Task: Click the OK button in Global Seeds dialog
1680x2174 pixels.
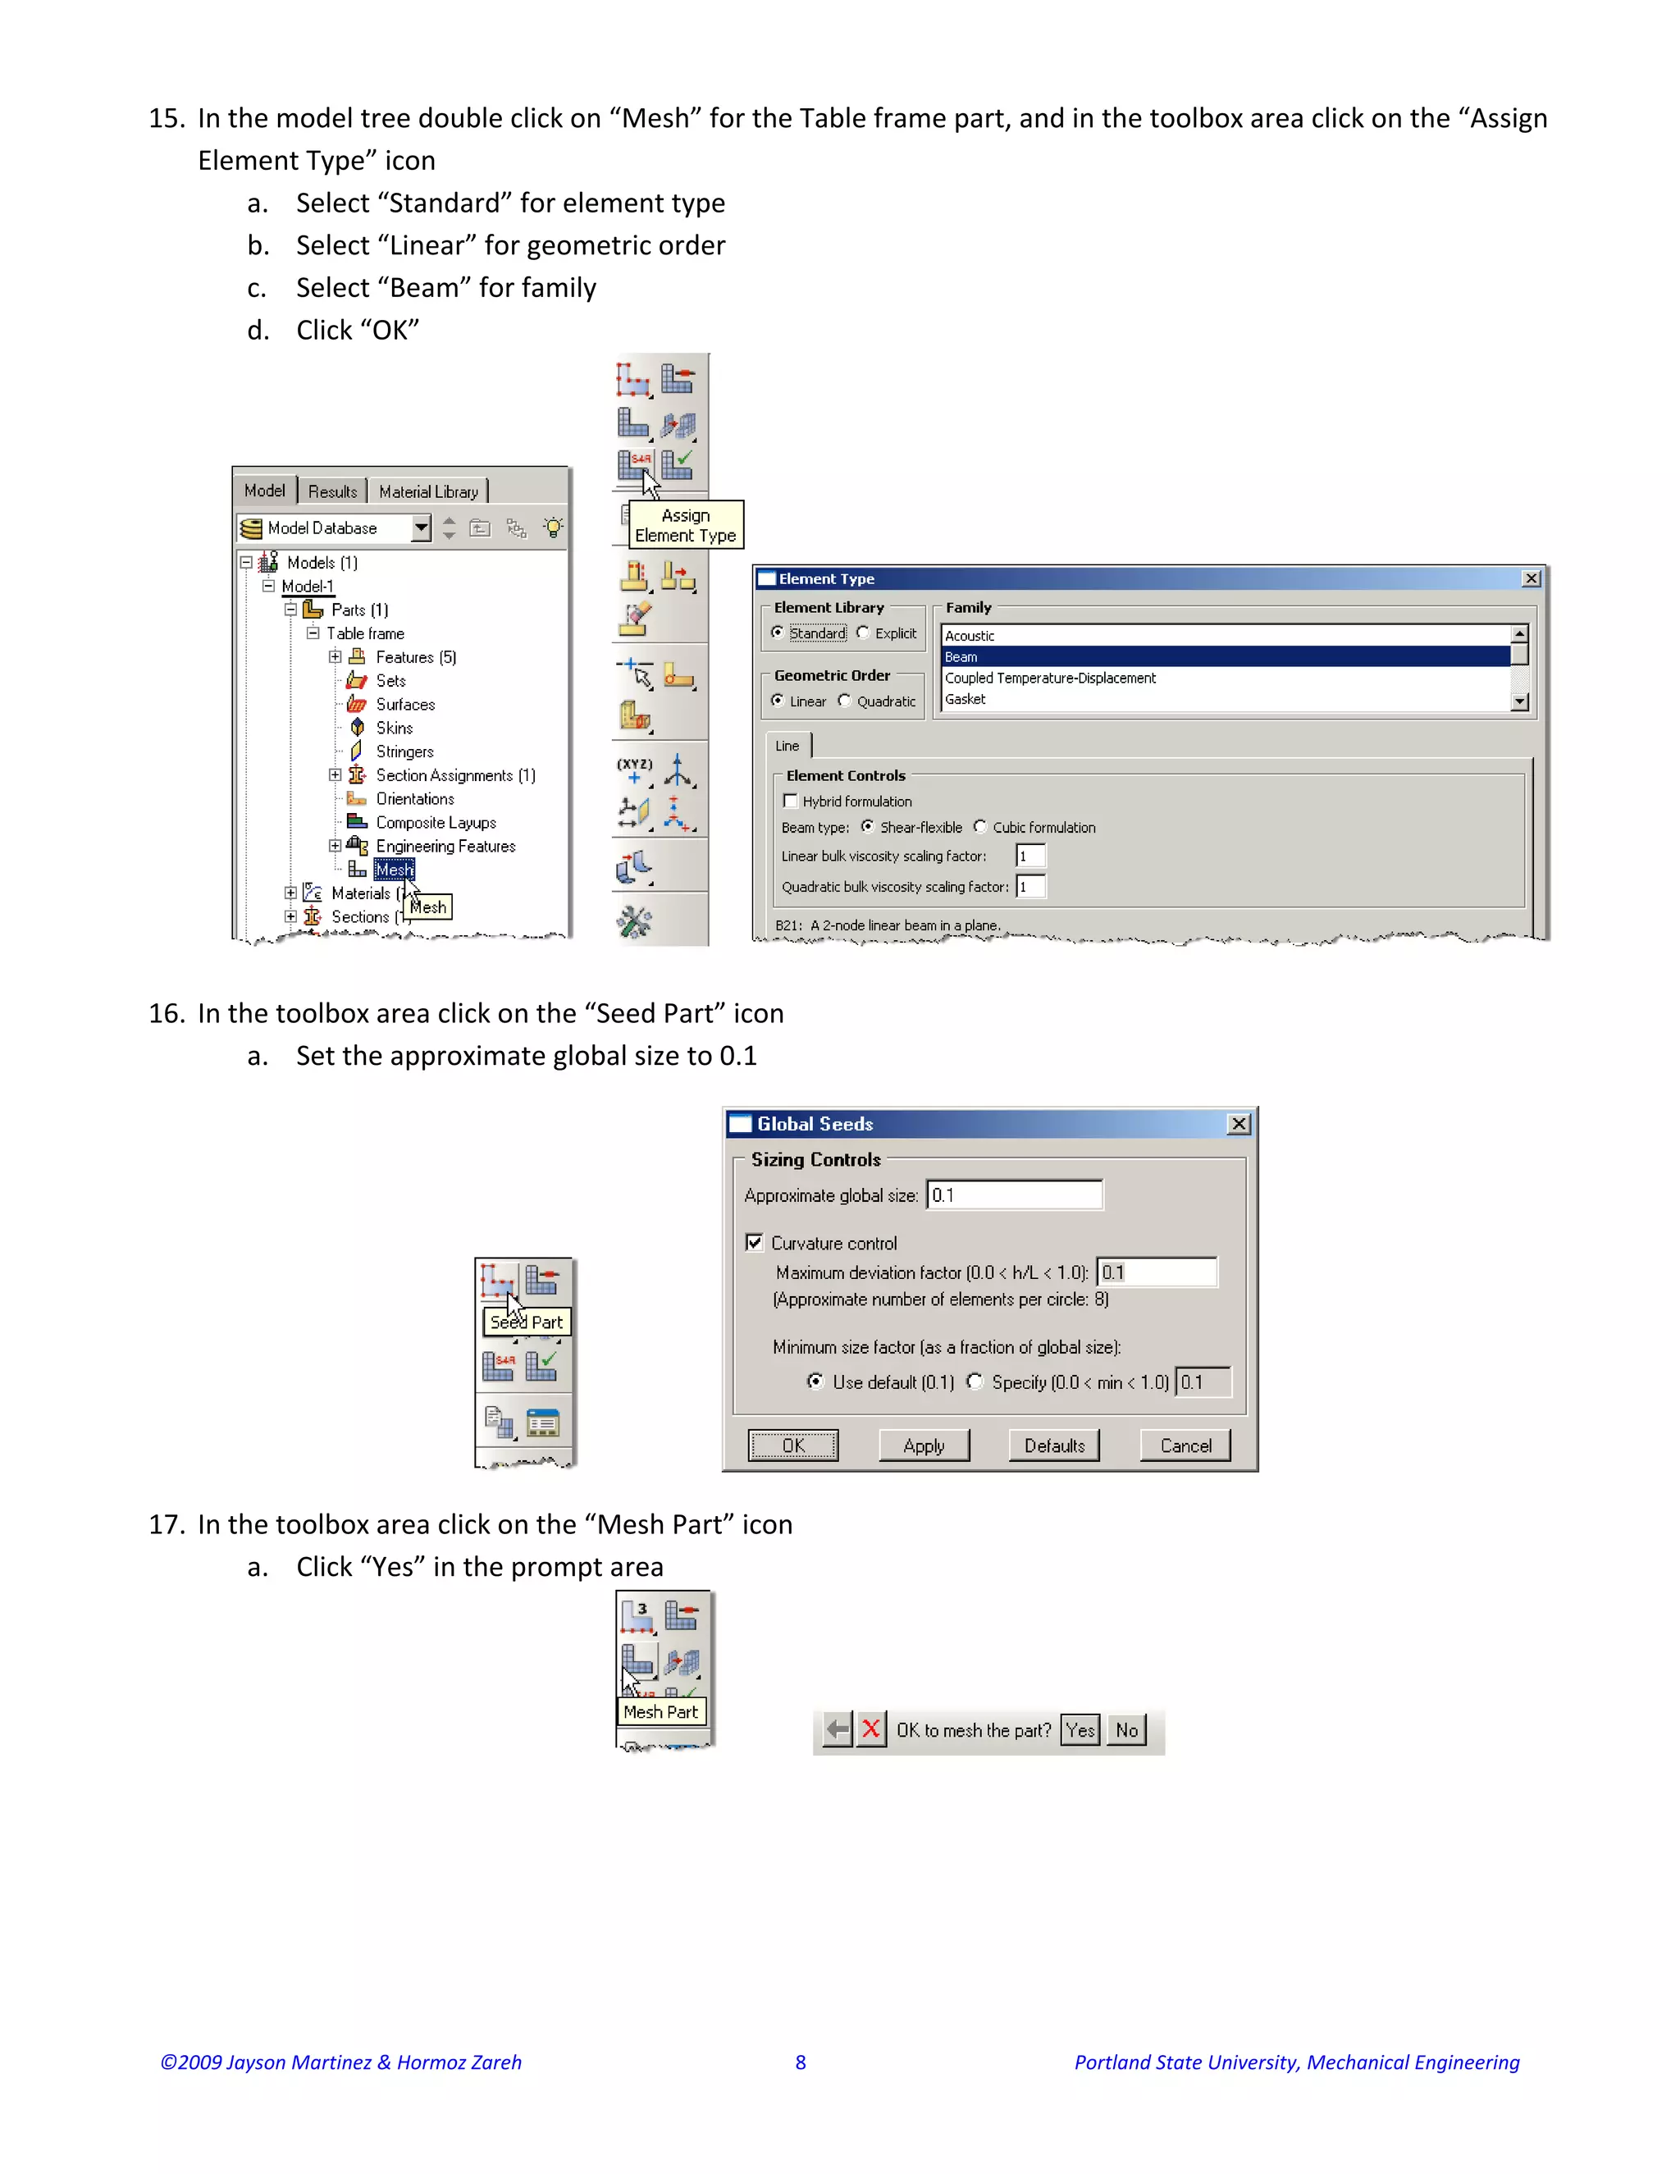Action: coord(792,1446)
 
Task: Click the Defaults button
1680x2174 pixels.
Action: coord(1054,1446)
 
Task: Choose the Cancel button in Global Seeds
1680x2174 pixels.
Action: coord(1185,1446)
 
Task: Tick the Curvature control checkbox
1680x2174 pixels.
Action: coord(755,1242)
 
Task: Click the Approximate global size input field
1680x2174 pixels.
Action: coord(1014,1195)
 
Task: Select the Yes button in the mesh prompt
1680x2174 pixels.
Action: coord(1080,1730)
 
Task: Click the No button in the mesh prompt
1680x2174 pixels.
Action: coord(1126,1730)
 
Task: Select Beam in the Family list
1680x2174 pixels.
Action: coord(1224,657)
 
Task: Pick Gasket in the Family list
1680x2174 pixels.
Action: coord(1224,700)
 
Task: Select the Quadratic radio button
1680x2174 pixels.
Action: coord(844,701)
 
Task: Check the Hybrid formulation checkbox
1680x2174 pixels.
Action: coord(790,801)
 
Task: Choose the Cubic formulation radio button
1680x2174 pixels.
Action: coord(980,826)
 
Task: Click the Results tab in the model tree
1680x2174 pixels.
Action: coord(332,491)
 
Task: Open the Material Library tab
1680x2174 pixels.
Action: coord(428,491)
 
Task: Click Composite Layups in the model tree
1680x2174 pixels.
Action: coord(435,822)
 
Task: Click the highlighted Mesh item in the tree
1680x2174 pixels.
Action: coord(393,870)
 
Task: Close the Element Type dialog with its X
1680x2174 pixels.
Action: coord(1532,578)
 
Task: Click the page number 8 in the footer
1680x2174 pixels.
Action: coord(800,2062)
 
